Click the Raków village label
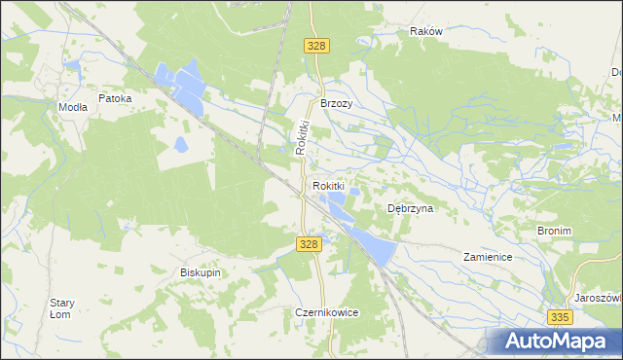426,31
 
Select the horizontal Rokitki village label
329,185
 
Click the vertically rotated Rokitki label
302,136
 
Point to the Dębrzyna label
410,208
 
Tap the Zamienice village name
488,257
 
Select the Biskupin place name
201,272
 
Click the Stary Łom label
61,308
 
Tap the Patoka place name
115,98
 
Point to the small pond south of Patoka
181,146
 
